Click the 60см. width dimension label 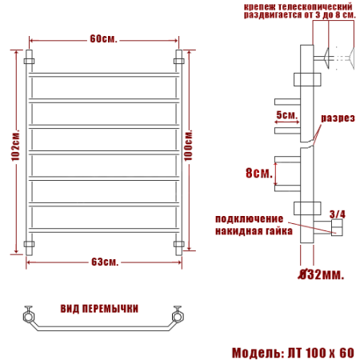[x=105, y=38]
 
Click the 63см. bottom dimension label [x=105, y=262]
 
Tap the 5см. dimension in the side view [x=286, y=115]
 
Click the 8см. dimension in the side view [x=258, y=171]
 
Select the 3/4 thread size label [x=338, y=214]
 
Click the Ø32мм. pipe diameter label [x=320, y=275]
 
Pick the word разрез [x=338, y=118]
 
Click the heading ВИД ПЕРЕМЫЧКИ [x=99, y=308]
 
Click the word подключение [x=249, y=218]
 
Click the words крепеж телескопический [x=290, y=6]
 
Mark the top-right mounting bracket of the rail [x=180, y=60]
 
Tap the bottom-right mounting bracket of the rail [x=180, y=242]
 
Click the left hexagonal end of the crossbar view [x=30, y=317]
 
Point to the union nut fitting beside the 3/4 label [x=337, y=230]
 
